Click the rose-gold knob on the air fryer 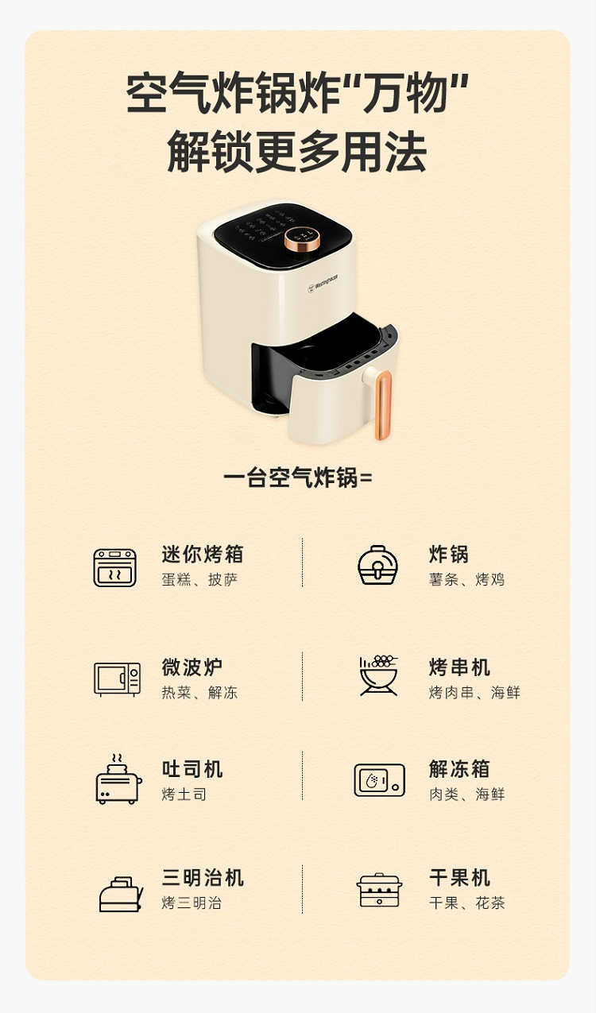point(302,240)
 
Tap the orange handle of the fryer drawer point(383,405)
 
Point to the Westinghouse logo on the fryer point(323,283)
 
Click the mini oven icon point(115,567)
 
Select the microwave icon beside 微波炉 point(117,679)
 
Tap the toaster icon point(118,779)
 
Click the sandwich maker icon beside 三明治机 point(121,894)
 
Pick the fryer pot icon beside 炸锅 point(378,565)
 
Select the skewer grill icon point(378,675)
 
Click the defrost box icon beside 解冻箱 point(379,780)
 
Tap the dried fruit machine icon point(379,890)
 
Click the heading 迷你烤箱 point(203,554)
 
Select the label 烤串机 point(459,667)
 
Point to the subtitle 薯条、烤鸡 point(466,579)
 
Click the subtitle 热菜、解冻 point(199,692)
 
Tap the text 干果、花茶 point(466,903)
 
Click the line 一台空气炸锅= point(297,478)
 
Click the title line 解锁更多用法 point(297,152)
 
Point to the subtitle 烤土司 point(184,795)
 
